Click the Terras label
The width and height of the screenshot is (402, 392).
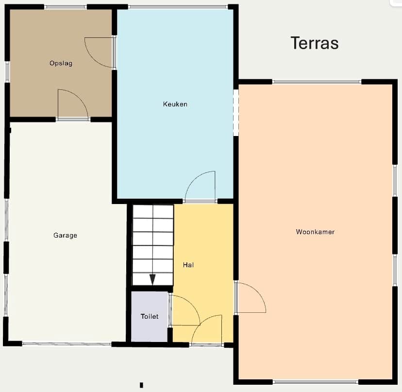pyautogui.click(x=315, y=43)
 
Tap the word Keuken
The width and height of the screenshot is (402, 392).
pyautogui.click(x=175, y=104)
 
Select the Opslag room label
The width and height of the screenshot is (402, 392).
pyautogui.click(x=61, y=63)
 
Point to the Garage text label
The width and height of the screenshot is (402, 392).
pyautogui.click(x=65, y=235)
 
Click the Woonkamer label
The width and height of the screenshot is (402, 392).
pyautogui.click(x=315, y=232)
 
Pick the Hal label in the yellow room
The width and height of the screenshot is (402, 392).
pyautogui.click(x=188, y=265)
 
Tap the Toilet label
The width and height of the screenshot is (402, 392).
pyautogui.click(x=150, y=316)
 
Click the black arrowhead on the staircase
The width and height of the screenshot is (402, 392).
pyautogui.click(x=152, y=280)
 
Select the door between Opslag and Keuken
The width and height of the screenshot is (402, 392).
pyautogui.click(x=100, y=52)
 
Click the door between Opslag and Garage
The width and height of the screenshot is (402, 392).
pyautogui.click(x=73, y=104)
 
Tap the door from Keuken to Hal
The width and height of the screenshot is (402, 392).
pyautogui.click(x=200, y=187)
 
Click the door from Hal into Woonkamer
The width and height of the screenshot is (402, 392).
pyautogui.click(x=251, y=297)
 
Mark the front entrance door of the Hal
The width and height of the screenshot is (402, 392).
pyautogui.click(x=207, y=330)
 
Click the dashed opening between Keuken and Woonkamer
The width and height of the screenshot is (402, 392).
pyautogui.click(x=236, y=112)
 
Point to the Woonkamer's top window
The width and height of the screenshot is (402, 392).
pyautogui.click(x=317, y=82)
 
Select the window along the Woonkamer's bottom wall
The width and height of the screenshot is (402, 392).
pyautogui.click(x=315, y=382)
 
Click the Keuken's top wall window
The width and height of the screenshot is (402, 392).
pyautogui.click(x=178, y=7)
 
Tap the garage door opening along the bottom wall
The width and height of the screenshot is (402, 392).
pyautogui.click(x=67, y=344)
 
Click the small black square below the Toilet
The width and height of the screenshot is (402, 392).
pyautogui.click(x=141, y=385)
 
